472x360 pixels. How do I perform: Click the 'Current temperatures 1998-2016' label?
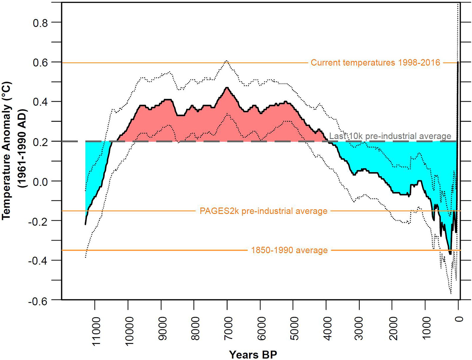tap(375, 63)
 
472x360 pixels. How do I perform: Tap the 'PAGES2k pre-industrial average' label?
tap(263, 211)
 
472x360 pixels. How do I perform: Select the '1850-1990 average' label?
tap(289, 250)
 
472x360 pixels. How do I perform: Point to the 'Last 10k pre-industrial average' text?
tap(390, 136)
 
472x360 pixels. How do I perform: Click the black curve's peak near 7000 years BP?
tap(227, 88)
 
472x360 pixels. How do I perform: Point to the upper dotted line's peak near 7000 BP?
tap(227, 61)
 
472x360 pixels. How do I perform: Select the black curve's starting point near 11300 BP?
tap(86, 224)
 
